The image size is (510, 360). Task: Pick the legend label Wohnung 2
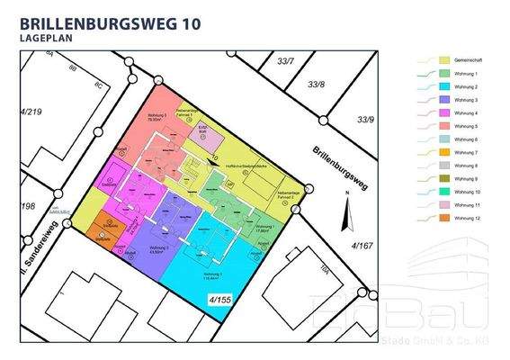coord(465,86)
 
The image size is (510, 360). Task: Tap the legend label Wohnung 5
coord(465,127)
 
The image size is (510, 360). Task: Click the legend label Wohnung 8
coord(465,166)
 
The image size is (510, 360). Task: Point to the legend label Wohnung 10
coord(466,193)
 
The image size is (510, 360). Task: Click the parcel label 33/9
coord(364,119)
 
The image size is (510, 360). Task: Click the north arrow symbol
coord(343,214)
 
